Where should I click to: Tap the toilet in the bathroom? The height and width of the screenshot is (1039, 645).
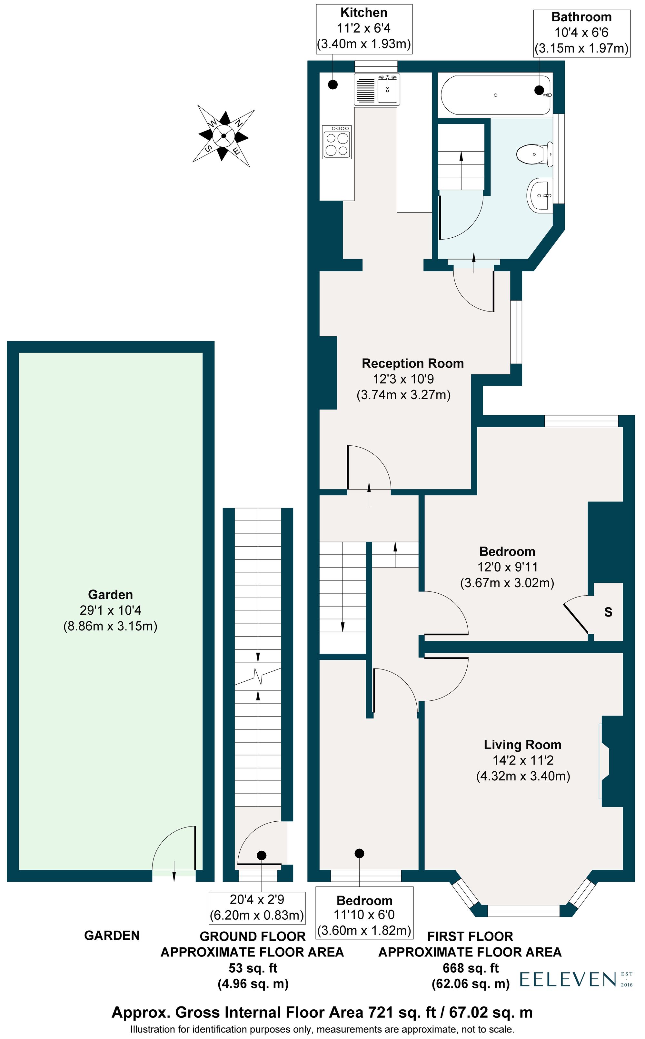[533, 153]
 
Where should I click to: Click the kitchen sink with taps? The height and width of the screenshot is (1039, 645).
[387, 89]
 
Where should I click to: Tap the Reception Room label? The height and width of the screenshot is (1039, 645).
[412, 363]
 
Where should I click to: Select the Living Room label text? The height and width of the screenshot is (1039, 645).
[522, 745]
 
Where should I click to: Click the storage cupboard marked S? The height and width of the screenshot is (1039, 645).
[608, 612]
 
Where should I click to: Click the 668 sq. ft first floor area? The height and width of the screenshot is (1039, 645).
[471, 968]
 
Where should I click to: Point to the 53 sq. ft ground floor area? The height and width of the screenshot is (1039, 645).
[253, 968]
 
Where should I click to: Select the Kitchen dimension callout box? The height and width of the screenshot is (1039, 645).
[364, 29]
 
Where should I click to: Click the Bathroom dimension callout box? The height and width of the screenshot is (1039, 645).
[581, 33]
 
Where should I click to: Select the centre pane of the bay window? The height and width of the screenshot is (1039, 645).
[523, 911]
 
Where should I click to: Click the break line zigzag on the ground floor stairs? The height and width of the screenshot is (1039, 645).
[258, 675]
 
